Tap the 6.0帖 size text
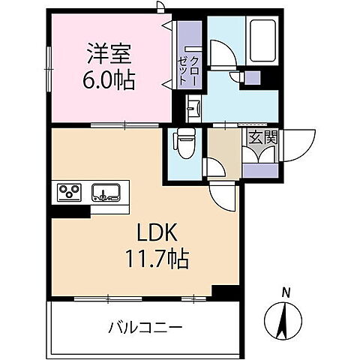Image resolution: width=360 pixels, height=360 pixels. [x=109, y=79]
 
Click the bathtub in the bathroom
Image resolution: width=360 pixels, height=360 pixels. [x=263, y=40]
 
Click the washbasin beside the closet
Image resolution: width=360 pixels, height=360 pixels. [x=193, y=109]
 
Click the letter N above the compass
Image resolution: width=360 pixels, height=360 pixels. [x=285, y=292]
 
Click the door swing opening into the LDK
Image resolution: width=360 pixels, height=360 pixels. [x=223, y=196]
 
